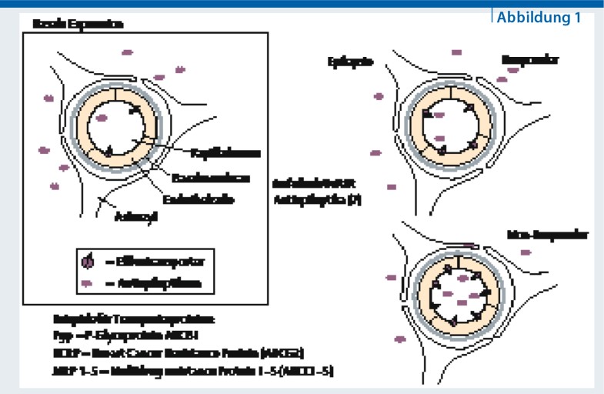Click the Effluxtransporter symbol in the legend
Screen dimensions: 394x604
tap(87, 262)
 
